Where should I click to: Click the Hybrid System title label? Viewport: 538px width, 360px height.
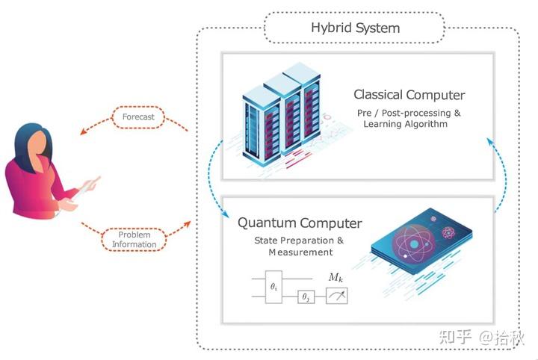pos(355,28)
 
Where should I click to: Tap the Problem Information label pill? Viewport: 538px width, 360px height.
pos(134,239)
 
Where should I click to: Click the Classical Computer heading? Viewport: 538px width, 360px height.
pos(409,95)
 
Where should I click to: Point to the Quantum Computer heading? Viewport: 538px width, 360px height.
pos(300,223)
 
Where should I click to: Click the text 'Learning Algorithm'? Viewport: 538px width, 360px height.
pos(406,124)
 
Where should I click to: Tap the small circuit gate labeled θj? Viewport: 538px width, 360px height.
pos(304,297)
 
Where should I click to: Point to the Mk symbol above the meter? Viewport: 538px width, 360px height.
pos(336,277)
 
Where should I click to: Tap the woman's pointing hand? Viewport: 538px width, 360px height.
pos(94,181)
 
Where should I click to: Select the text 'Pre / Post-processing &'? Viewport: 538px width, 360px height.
pos(409,112)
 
